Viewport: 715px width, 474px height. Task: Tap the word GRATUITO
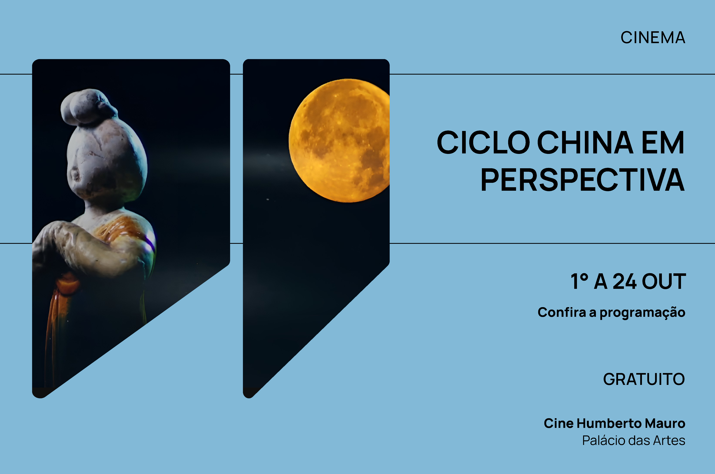tap(644, 379)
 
